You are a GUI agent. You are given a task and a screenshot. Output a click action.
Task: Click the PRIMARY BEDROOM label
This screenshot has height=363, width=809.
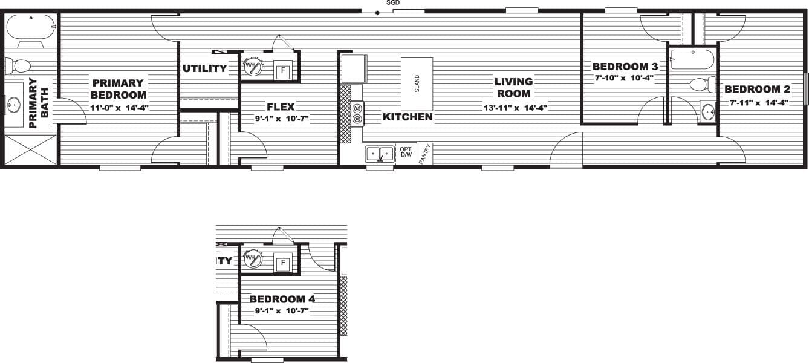coord(119,89)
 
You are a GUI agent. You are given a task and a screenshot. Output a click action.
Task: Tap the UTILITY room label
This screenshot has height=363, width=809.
coord(205,68)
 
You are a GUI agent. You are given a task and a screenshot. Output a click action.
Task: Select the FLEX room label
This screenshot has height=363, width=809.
coord(281,107)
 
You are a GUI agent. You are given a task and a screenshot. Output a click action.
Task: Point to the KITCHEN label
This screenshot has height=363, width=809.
coord(408,117)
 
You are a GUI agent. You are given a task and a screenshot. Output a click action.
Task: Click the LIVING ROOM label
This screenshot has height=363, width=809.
coord(513,87)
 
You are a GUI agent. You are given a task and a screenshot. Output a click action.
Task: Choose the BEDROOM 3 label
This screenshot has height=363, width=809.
coord(625,66)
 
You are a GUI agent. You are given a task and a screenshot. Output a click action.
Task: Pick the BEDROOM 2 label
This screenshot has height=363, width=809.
coord(757,90)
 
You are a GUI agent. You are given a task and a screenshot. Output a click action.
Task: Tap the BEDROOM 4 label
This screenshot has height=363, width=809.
coord(282,299)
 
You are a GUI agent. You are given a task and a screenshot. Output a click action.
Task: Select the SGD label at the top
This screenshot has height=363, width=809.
coord(393,3)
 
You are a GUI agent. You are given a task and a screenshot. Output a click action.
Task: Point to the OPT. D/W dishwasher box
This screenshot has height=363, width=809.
coord(406,152)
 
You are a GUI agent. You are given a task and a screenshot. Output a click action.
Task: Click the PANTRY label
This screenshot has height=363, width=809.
coord(425,152)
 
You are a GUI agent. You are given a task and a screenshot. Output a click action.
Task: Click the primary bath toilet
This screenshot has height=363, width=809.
coord(21,65)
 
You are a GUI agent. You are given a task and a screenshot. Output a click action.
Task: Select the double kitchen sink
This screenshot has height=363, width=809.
coord(380,154)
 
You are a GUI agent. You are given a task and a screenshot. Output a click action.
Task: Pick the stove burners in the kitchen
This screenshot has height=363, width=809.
coord(357,114)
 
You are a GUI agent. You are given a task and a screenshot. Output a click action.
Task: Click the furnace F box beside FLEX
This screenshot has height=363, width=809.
coord(281,70)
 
